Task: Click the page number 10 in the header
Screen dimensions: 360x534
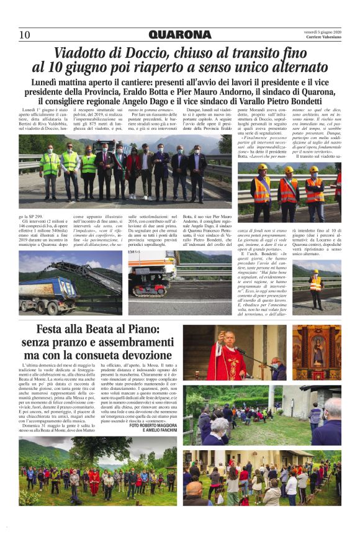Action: [24, 35]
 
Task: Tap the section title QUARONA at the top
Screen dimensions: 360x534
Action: [180, 35]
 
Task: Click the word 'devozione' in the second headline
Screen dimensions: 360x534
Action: [138, 356]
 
